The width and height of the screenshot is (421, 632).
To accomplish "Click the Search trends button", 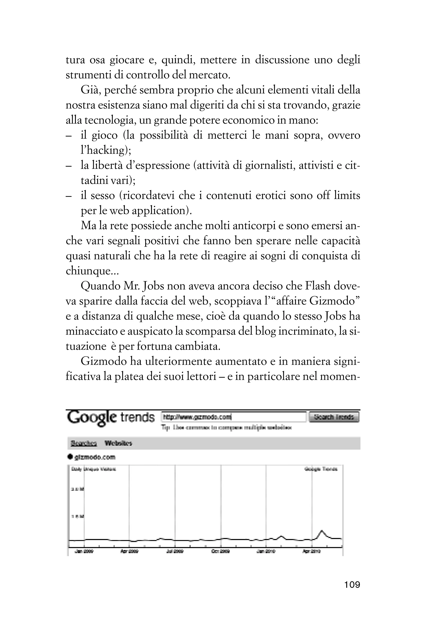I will click(334, 417).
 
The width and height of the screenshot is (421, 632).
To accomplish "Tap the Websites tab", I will click(118, 443).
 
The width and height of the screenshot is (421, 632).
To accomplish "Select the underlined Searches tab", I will click(83, 443).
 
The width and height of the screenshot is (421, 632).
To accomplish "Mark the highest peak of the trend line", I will click(322, 531).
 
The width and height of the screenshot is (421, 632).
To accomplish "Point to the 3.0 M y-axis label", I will click(77, 489).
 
